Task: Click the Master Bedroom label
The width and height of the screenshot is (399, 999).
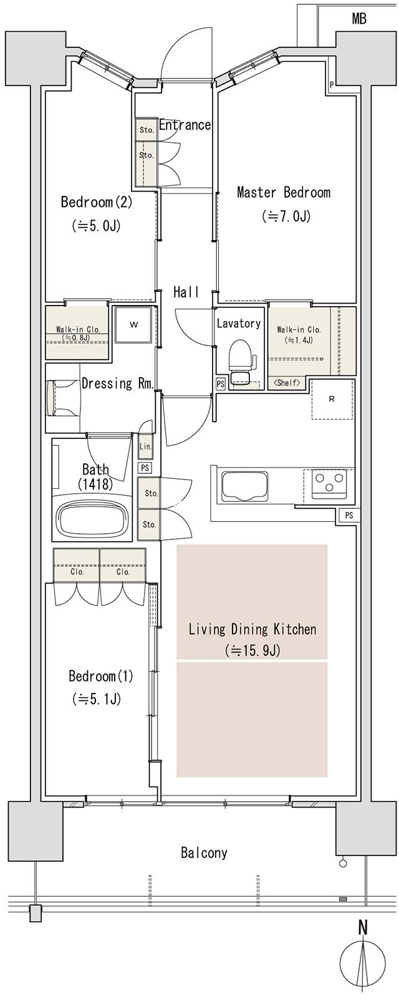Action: click(284, 193)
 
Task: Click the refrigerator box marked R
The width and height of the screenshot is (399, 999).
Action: click(332, 400)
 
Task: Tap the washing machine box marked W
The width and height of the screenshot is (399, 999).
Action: click(133, 325)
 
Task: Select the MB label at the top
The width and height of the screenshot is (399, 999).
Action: click(359, 19)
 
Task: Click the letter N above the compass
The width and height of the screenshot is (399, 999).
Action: click(363, 927)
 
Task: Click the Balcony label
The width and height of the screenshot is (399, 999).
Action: click(204, 852)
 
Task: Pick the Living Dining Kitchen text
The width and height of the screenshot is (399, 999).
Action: click(252, 629)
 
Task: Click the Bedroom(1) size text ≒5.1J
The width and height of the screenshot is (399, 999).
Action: click(97, 699)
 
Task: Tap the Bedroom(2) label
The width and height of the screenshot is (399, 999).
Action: click(96, 202)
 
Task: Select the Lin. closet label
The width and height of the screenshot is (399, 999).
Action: click(145, 446)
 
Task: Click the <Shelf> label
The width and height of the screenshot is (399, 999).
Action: click(287, 383)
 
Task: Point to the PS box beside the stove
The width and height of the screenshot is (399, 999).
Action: click(349, 515)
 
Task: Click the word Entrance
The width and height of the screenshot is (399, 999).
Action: click(185, 125)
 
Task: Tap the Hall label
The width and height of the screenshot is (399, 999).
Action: click(186, 291)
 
